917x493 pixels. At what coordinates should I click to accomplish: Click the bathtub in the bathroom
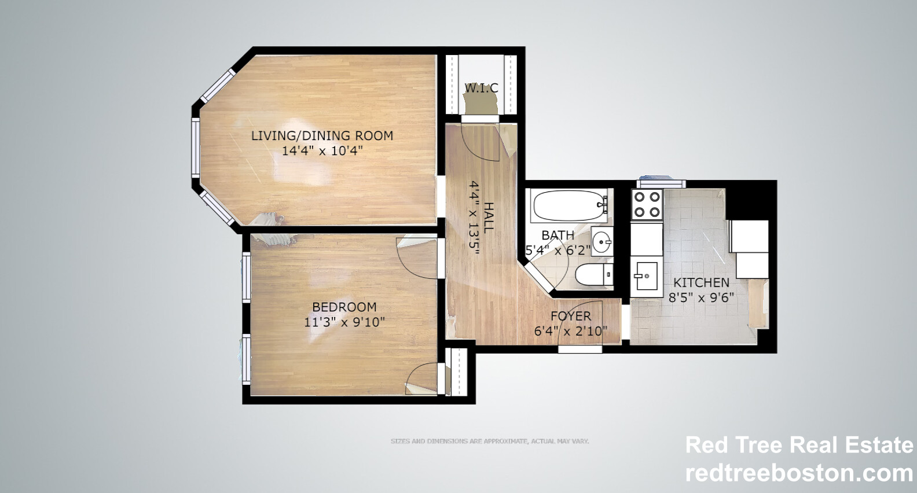[570, 205]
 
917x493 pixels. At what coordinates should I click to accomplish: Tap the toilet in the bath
[592, 274]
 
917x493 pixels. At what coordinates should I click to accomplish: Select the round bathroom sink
[602, 240]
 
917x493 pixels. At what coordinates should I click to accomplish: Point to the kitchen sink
[645, 276]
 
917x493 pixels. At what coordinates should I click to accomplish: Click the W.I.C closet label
[482, 88]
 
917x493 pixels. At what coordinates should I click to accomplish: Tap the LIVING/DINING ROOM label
[322, 135]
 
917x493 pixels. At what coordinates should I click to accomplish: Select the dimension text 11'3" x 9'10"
[344, 322]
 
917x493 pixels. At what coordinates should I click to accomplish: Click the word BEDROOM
[344, 307]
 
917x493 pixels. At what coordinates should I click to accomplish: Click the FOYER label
[571, 316]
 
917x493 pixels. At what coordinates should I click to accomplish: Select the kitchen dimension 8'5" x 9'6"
[701, 297]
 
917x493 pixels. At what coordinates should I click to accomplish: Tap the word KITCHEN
[701, 282]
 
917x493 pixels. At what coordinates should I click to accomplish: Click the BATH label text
[558, 236]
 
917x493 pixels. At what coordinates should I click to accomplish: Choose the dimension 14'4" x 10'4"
[322, 151]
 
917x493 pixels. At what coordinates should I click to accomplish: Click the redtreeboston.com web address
[799, 473]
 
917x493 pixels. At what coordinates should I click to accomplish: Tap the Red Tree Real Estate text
[799, 445]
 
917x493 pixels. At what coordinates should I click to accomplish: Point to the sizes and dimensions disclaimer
[490, 442]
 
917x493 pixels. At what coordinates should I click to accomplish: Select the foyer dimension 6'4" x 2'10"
[571, 331]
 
